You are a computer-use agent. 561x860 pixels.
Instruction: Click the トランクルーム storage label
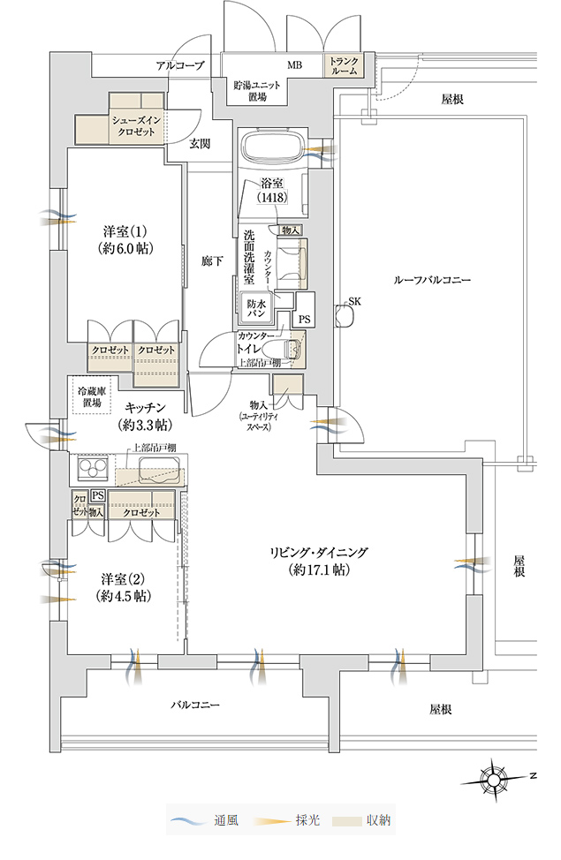tap(345, 66)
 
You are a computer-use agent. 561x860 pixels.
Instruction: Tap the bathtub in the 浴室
tap(272, 147)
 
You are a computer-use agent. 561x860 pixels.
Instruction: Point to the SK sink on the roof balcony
tap(345, 316)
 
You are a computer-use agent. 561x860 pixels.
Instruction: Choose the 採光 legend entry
tap(286, 820)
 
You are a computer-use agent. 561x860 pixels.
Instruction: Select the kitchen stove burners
tap(92, 469)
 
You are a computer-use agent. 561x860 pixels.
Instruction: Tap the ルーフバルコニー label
tap(431, 280)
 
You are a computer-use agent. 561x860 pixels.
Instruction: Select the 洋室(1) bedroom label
tap(125, 239)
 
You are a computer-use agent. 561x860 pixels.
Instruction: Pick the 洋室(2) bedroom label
tap(124, 587)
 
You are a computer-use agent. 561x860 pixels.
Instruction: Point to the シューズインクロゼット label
tap(133, 126)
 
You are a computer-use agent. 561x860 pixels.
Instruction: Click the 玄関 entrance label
tap(200, 144)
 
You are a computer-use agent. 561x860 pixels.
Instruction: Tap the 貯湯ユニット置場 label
tap(257, 91)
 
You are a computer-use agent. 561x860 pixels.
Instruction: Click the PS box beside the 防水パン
tap(304, 319)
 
